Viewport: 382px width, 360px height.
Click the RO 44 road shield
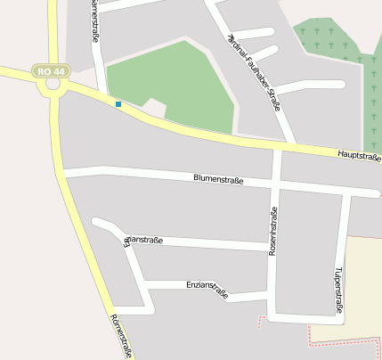49,70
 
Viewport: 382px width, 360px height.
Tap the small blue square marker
118,104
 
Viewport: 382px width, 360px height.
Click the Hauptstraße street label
359,156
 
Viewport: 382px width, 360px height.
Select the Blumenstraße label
218,178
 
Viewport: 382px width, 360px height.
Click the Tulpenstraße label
338,287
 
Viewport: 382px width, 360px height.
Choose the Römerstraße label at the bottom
120,336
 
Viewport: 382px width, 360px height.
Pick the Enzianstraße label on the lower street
207,288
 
